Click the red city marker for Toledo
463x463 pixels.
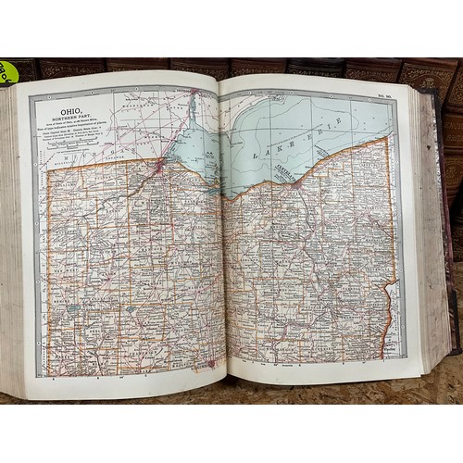(159, 168)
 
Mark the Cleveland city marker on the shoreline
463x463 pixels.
(295, 183)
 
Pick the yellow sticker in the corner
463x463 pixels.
(6, 72)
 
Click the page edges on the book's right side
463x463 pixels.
(433, 231)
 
